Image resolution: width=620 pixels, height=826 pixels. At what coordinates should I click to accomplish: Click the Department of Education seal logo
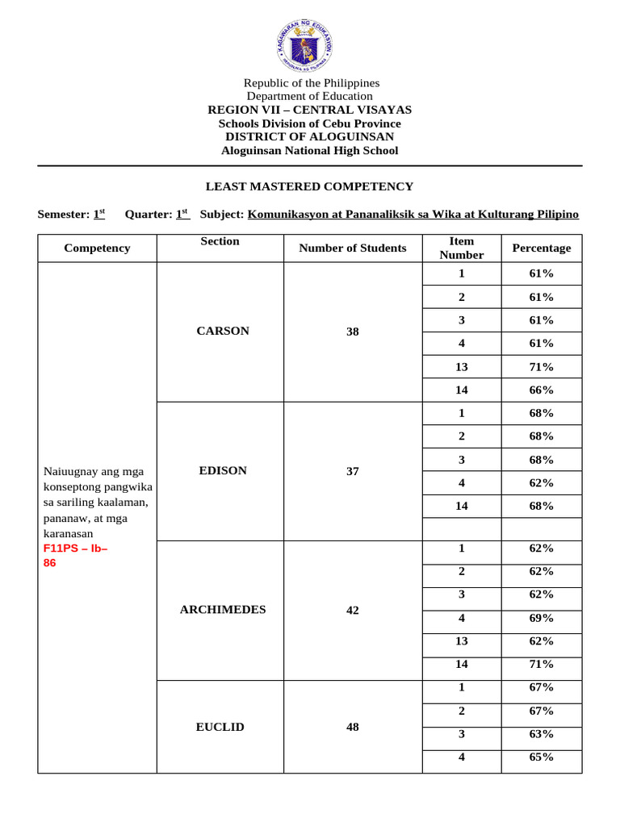pos(310,40)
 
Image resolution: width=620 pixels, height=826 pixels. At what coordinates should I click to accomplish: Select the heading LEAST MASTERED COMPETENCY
pos(309,186)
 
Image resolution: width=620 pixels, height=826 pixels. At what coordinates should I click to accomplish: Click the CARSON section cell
pos(223,331)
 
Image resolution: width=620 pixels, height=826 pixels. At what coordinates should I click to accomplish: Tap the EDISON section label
pos(223,470)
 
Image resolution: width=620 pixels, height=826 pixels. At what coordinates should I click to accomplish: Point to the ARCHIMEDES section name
pos(223,609)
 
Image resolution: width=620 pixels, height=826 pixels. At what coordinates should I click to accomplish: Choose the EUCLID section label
pos(220,727)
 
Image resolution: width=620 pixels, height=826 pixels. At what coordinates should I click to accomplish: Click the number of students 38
pos(352,332)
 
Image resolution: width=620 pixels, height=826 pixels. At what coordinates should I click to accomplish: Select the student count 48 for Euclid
pos(352,727)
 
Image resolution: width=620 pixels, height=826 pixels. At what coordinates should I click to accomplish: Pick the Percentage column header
pos(541,248)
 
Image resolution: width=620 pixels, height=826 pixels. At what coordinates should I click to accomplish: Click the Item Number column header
pos(461,248)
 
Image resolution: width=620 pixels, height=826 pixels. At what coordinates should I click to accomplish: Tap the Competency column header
pos(97,248)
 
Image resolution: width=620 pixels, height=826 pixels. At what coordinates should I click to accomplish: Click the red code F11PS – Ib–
pos(75,549)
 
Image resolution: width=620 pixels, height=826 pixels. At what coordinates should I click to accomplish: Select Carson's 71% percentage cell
pos(541,367)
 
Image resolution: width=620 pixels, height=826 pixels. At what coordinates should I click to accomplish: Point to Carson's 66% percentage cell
pos(541,390)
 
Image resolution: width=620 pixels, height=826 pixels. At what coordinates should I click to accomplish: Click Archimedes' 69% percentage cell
pos(541,618)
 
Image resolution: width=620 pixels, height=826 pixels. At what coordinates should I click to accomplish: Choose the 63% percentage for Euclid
pos(541,734)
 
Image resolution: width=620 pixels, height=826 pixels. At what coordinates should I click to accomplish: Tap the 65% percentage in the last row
pos(541,757)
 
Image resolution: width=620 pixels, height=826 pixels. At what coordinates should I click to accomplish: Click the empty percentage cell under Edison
pos(541,529)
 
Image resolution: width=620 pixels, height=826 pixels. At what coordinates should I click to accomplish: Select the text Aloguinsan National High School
pos(309,151)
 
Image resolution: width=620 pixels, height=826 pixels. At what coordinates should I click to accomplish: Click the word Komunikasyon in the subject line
pos(286,214)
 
